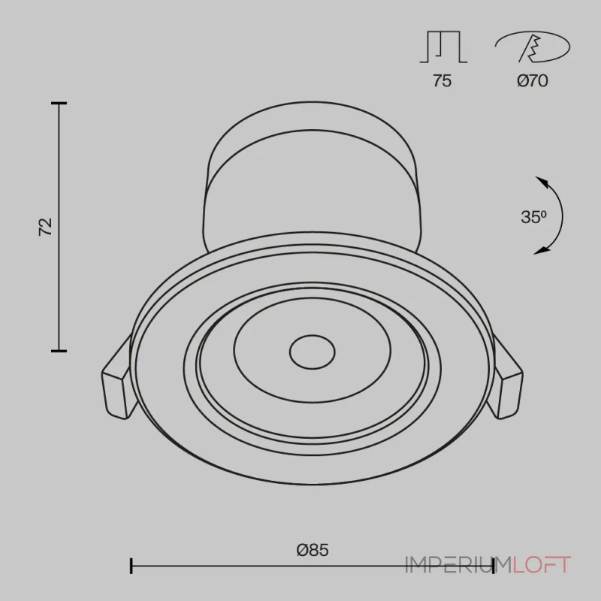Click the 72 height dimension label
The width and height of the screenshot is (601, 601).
[45, 227]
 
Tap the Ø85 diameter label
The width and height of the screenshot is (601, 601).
[313, 550]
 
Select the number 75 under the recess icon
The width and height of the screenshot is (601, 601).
[442, 80]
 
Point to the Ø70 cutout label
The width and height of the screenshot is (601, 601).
[533, 80]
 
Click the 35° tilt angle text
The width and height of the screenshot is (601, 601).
[533, 217]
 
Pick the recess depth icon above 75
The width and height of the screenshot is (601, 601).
[443, 47]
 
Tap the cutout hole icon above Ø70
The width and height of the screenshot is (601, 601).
[533, 47]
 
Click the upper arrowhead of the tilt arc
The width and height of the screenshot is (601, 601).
[541, 181]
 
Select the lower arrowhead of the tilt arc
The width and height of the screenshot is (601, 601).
[542, 251]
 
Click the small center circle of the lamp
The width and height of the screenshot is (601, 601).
[312, 352]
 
